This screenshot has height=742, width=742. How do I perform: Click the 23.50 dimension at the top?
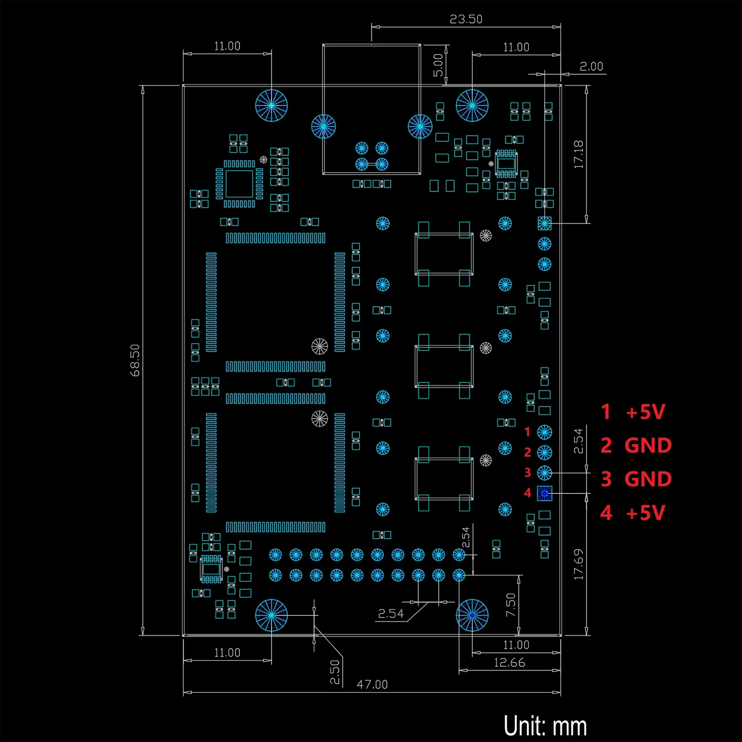click(x=465, y=19)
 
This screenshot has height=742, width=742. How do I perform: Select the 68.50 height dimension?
click(x=135, y=360)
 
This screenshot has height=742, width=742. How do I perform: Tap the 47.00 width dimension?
click(x=372, y=685)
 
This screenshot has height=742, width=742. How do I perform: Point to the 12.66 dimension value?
click(x=509, y=663)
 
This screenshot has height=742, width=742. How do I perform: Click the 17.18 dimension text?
click(x=578, y=154)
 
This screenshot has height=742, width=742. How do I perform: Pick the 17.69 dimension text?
click(x=578, y=564)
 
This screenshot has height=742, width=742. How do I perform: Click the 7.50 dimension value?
click(x=510, y=604)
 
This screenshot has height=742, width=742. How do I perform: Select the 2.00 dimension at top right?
click(x=591, y=66)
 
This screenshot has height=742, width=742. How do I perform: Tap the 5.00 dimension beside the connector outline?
click(x=438, y=65)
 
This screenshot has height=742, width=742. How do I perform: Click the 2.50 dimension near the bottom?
click(x=335, y=672)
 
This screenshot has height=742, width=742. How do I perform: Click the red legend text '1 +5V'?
click(x=633, y=412)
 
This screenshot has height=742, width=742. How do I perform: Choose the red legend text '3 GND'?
click(x=636, y=479)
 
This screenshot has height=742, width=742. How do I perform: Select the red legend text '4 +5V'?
click(x=633, y=513)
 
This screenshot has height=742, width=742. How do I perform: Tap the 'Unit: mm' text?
click(x=545, y=726)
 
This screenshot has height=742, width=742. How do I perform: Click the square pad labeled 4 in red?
click(x=545, y=493)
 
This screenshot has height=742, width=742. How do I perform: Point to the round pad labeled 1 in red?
click(x=545, y=432)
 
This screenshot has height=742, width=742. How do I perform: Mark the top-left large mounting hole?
click(x=272, y=105)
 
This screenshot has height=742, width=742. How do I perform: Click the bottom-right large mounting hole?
click(x=472, y=615)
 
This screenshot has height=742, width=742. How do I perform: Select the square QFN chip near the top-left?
click(x=239, y=184)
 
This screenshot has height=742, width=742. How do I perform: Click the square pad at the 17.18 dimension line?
click(x=545, y=224)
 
